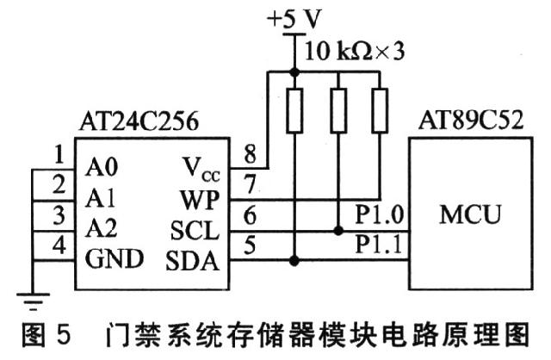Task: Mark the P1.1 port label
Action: pos(378,245)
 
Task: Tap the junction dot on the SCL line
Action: pos(337,230)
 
